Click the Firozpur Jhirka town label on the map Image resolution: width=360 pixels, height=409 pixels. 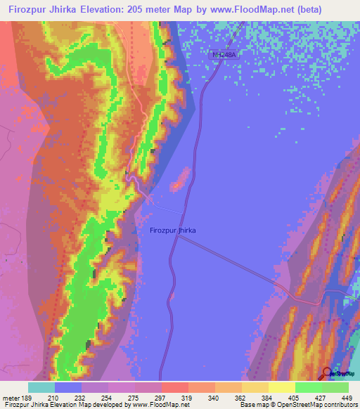click(x=172, y=230)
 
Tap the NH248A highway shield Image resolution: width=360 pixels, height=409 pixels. click(x=224, y=53)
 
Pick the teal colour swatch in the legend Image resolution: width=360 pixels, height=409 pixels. click(x=41, y=387)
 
